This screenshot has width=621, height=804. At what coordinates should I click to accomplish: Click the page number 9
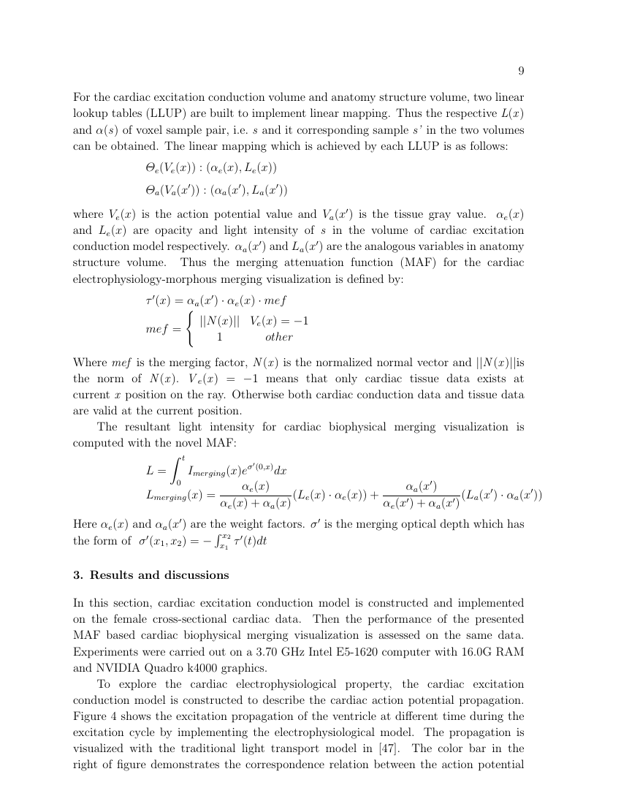[x=521, y=71]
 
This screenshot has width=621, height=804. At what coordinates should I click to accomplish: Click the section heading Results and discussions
[x=159, y=575]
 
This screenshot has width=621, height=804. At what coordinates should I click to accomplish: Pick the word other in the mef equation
[x=278, y=337]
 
